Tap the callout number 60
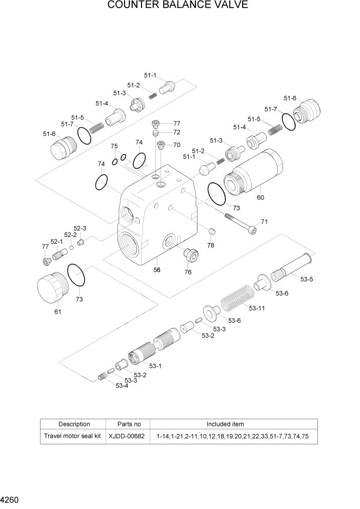261,198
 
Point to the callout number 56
157,270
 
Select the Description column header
74,424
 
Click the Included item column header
225,424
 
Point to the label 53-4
122,385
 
